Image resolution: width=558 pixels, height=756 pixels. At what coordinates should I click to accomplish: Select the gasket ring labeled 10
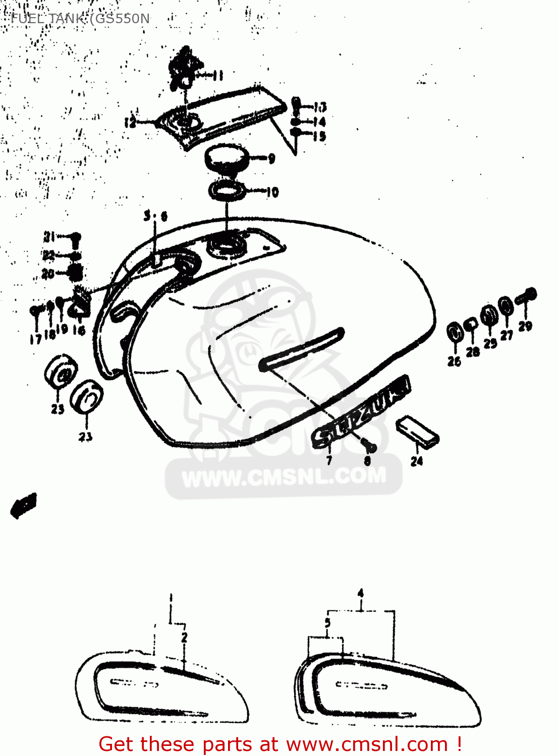227,191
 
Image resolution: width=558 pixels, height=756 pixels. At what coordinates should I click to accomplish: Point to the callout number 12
130,122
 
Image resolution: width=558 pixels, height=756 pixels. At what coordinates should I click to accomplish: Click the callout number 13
320,107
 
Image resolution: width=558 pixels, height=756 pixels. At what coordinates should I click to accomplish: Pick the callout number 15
319,136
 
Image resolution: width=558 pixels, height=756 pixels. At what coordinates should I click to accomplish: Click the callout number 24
417,461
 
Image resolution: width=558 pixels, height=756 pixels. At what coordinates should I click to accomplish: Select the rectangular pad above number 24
417,431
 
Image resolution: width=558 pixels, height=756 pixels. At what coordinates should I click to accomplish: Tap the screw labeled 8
370,446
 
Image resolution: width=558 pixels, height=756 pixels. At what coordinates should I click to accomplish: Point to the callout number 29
525,326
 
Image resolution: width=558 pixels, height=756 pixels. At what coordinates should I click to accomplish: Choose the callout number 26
454,361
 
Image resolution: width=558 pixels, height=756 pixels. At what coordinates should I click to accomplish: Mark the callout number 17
35,339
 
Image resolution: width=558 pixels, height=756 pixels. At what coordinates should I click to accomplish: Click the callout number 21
49,236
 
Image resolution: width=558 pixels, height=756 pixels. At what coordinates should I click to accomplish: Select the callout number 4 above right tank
360,593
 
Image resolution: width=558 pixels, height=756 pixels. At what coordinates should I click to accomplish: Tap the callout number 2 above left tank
184,637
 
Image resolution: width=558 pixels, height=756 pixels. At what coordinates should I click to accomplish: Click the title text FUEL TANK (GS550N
80,19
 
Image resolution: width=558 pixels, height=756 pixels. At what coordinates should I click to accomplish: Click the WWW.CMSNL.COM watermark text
284,477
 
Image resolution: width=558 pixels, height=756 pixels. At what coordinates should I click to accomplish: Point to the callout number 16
79,331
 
